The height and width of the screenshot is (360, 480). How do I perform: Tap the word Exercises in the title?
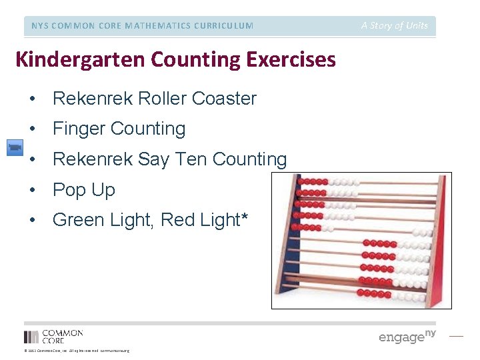(x=291, y=60)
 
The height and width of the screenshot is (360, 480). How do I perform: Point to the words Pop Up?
(x=84, y=190)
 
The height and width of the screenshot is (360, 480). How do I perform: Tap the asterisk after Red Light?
(x=245, y=217)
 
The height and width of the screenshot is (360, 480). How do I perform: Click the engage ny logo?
(x=407, y=336)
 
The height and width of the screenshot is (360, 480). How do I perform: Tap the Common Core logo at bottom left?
(x=53, y=336)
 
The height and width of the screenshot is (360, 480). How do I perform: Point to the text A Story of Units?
(x=395, y=25)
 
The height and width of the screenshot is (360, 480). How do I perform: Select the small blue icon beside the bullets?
(x=15, y=147)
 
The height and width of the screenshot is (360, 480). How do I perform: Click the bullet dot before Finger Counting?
(x=32, y=129)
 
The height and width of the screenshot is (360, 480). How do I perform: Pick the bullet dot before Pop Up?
(x=32, y=191)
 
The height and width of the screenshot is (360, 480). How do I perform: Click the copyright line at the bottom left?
(x=77, y=351)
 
